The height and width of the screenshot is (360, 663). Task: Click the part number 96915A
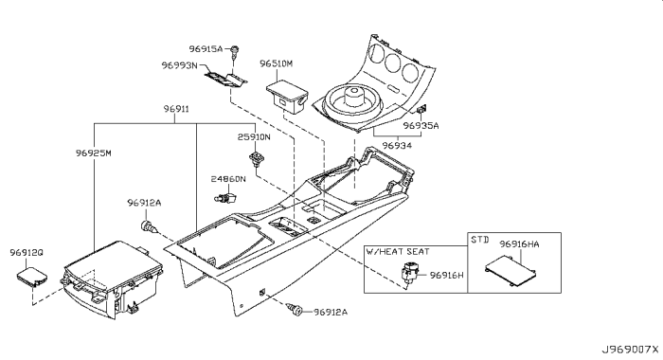[206, 48]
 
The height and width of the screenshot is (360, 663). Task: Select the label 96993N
[179, 66]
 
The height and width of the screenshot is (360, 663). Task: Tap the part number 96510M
[285, 63]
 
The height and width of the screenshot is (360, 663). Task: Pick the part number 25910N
[254, 136]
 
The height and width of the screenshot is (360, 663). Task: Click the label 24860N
[228, 179]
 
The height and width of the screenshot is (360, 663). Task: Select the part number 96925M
[94, 153]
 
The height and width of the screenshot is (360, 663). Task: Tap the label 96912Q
[27, 253]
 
